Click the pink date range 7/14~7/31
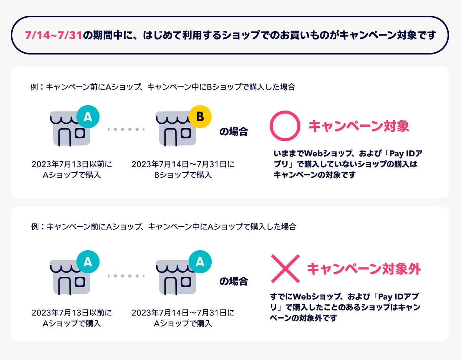coord(53,36)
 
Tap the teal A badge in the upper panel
coord(88,116)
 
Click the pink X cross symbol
coord(285,268)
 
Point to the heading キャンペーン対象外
coord(364,268)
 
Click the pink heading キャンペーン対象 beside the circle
coord(359,126)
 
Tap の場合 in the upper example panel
coord(233,132)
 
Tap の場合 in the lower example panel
coord(233,281)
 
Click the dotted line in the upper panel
coord(126,129)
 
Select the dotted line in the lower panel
coord(126,276)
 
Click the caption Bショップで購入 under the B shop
coord(183,175)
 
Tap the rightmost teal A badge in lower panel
coord(200,262)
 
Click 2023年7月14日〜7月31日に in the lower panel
coord(183,313)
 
